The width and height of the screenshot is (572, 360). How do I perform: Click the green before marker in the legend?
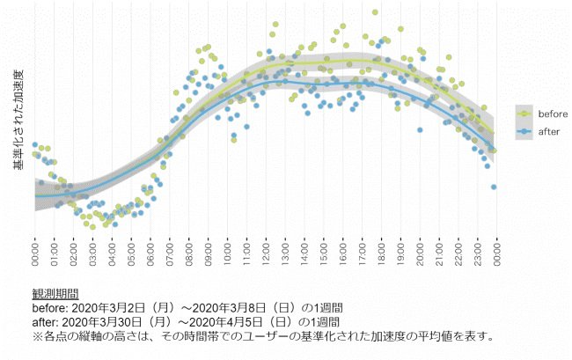(x=525, y=114)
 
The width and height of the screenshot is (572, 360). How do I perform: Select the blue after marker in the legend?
(x=525, y=131)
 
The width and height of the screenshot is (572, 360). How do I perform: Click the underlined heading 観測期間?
(x=55, y=294)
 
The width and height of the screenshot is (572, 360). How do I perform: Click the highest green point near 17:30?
(x=375, y=12)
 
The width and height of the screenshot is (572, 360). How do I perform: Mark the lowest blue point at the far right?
(x=494, y=187)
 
